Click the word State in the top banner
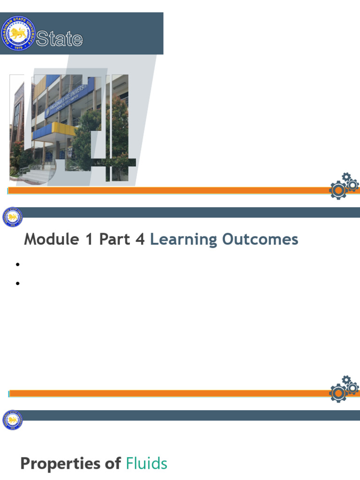pyautogui.click(x=60, y=39)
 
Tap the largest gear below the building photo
pyautogui.click(x=338, y=190)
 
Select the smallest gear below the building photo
pyautogui.click(x=346, y=177)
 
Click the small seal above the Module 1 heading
pyautogui.click(x=12, y=217)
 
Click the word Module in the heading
pyautogui.click(x=52, y=240)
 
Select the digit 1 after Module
pyautogui.click(x=89, y=240)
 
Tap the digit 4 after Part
pyautogui.click(x=140, y=240)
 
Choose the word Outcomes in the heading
pyautogui.click(x=260, y=240)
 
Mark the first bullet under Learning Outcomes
pyautogui.click(x=18, y=265)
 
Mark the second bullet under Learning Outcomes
pyautogui.click(x=18, y=283)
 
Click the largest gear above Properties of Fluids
pyautogui.click(x=338, y=392)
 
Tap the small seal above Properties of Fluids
pyautogui.click(x=12, y=420)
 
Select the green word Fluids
pyautogui.click(x=147, y=464)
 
